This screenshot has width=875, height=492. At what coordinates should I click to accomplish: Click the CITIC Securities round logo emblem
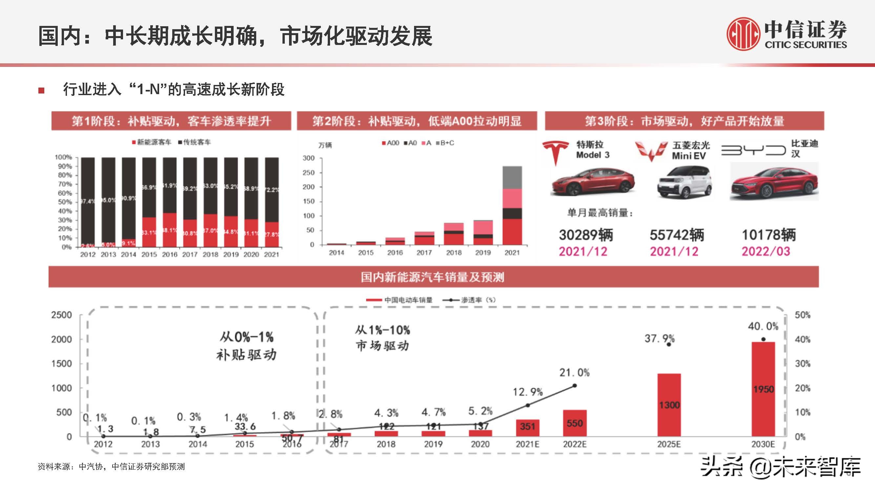pos(743,34)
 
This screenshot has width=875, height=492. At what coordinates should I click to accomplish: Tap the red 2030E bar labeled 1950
pos(763,389)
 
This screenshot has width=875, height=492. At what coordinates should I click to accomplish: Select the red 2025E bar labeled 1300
pos(669,405)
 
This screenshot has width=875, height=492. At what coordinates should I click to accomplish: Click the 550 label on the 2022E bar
pos(574,423)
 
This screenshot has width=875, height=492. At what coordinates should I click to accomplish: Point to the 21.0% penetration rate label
pos(574,373)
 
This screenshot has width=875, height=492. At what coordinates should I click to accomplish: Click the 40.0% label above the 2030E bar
pos(763,326)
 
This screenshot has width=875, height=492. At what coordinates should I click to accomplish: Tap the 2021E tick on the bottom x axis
pos(527,444)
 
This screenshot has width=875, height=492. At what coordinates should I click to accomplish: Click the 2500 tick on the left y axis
pos(61,315)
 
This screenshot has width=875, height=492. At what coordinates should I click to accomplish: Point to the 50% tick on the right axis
pos(802,315)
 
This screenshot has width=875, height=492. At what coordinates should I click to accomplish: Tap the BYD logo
pos(753,150)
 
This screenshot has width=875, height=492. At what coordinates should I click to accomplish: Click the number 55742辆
pos(677,235)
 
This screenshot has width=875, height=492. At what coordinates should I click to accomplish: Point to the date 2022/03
pos(766,252)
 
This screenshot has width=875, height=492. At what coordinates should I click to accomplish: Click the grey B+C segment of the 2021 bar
pos(512,177)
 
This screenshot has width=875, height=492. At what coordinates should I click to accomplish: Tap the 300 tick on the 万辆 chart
pos(308,158)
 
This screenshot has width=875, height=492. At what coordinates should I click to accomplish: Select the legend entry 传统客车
pos(195,142)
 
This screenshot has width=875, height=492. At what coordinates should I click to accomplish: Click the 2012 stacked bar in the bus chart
pos(88,202)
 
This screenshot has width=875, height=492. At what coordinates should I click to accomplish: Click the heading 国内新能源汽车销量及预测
pos(433,277)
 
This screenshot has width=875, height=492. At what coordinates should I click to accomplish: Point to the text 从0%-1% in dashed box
pos(246,337)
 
